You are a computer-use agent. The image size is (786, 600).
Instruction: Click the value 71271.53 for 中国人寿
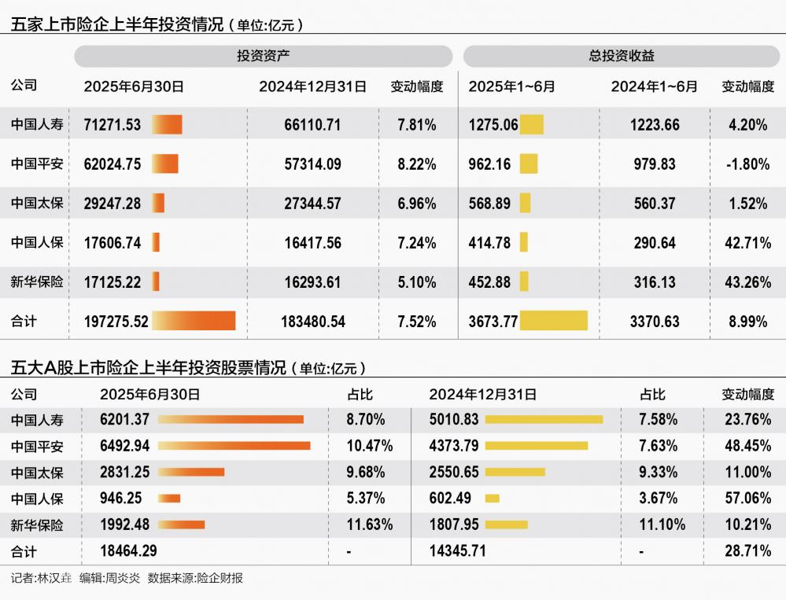pos(113,125)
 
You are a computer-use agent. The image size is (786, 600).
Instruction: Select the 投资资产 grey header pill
pos(264,57)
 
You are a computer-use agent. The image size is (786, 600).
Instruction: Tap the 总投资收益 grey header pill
pos(621,57)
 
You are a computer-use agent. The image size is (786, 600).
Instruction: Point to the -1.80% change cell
pos(747,164)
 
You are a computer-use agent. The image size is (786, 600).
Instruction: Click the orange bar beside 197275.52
pos(194,321)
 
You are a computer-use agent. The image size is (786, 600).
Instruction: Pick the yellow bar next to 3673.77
pos(554,321)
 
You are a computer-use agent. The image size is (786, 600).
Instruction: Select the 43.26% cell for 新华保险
pos(747,282)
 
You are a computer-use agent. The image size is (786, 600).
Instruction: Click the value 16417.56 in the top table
pos(312,243)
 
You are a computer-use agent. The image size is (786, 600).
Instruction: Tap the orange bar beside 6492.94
pos(234,446)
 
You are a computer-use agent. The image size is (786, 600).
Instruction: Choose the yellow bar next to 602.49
pos(493,498)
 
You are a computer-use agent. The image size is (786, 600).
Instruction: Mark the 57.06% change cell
pos(747,499)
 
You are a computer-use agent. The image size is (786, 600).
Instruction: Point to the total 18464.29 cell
pos(128,551)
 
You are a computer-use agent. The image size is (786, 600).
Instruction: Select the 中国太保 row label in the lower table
pos(37,473)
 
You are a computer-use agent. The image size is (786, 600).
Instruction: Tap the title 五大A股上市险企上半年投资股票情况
pos(149,368)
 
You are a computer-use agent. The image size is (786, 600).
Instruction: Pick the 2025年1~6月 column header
pos(511,87)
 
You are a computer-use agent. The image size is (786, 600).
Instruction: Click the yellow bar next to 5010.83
pos(544,420)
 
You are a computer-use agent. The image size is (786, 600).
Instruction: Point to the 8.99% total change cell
pos(747,322)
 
